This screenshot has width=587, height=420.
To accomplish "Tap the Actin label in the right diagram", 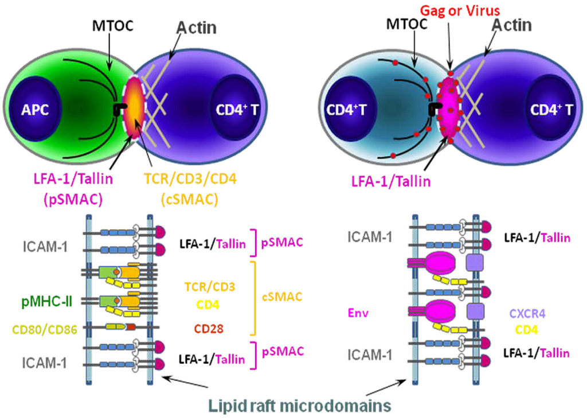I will [x=512, y=25].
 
